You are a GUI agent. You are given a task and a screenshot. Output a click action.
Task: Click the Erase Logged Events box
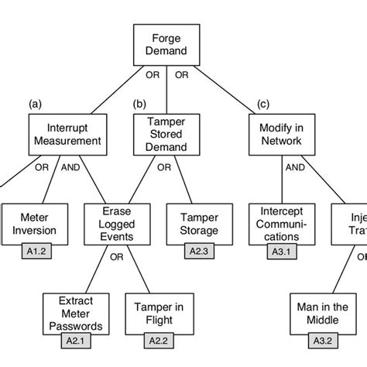click(117, 225)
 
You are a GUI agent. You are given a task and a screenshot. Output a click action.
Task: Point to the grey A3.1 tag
click(280, 251)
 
